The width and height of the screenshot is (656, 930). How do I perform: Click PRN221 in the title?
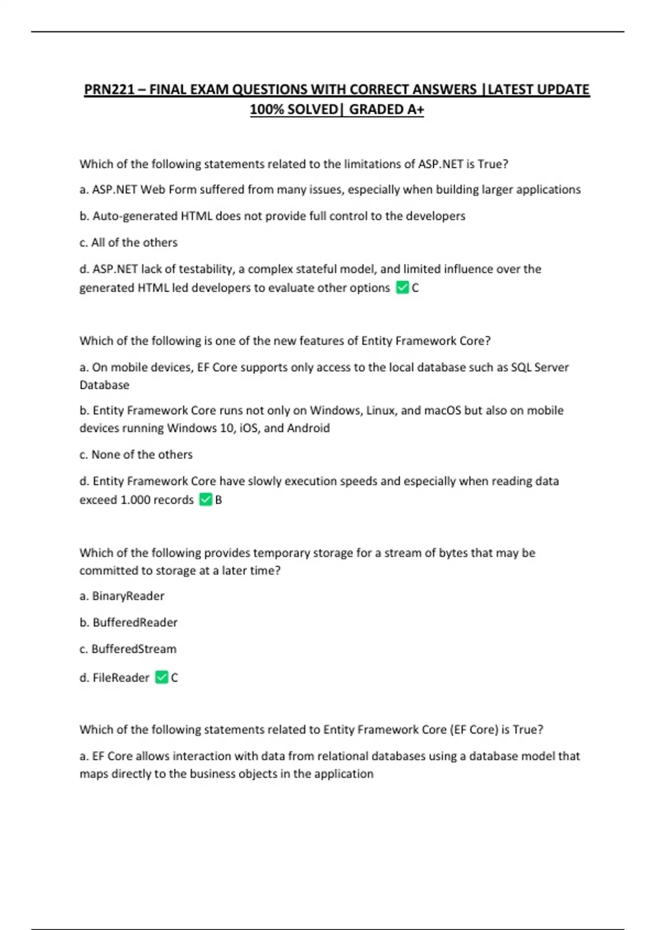tap(109, 89)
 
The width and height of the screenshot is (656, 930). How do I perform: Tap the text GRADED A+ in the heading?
tap(386, 109)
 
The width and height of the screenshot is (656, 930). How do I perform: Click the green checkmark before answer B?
tap(206, 499)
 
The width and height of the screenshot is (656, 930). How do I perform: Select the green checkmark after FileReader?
tap(161, 677)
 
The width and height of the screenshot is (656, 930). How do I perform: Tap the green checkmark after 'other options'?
tap(402, 288)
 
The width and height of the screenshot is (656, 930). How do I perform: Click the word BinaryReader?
tap(128, 596)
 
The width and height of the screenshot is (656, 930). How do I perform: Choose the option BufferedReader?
tap(135, 622)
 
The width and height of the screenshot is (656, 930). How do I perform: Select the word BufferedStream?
tap(134, 649)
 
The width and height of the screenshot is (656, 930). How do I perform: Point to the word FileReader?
tap(121, 677)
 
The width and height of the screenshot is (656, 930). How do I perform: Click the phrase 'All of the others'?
tap(134, 242)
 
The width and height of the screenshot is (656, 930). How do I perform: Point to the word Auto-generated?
tap(136, 216)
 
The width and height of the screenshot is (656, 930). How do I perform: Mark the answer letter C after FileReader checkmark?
tap(174, 677)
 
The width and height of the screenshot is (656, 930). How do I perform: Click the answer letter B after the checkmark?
tap(219, 499)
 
